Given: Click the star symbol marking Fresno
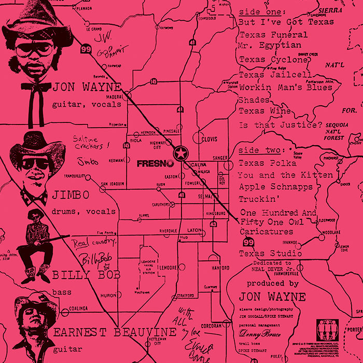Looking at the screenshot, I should click(180, 153).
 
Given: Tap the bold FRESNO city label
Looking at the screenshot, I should click(156, 163).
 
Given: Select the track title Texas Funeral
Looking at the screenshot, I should click(273, 35).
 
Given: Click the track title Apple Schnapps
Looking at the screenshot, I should click(275, 186).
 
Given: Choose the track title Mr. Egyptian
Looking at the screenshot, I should click(270, 45).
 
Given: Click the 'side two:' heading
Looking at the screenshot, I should click(262, 150).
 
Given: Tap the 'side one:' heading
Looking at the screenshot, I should click(261, 11).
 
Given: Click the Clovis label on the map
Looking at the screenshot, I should click(209, 139).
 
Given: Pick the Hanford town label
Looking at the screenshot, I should click(220, 268).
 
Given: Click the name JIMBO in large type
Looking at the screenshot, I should click(71, 195).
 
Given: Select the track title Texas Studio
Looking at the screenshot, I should click(270, 254).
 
